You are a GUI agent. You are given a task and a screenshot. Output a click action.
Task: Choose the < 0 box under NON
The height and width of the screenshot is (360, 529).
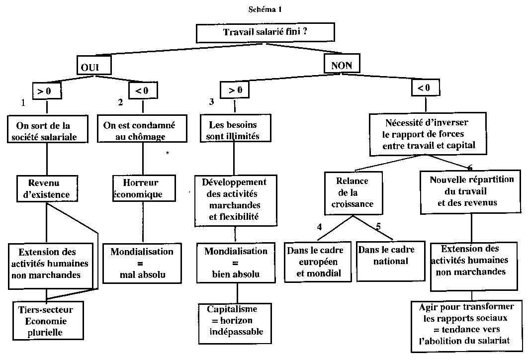[424, 89]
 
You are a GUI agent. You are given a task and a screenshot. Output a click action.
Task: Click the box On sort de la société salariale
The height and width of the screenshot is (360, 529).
[47, 130]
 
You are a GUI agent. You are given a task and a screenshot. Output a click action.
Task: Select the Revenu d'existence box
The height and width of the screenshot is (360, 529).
[47, 188]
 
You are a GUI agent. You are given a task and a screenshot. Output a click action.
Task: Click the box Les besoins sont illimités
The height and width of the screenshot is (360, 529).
[233, 130]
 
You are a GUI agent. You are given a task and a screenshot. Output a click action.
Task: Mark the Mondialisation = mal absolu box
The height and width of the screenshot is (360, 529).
[142, 263]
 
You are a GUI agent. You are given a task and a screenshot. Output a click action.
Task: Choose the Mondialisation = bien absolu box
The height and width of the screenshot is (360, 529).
[236, 262]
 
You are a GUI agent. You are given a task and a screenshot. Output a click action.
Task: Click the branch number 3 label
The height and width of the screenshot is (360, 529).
[211, 102]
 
